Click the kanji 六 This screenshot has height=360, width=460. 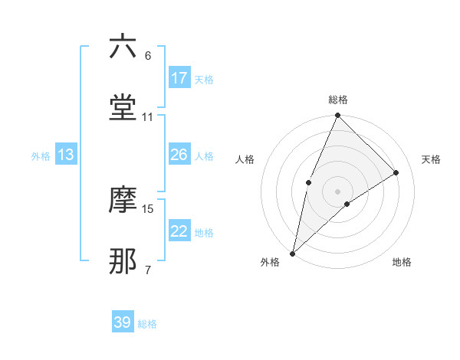[123, 47]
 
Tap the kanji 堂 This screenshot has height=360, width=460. [123, 108]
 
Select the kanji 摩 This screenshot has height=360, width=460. [123, 200]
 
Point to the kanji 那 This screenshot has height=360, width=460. [123, 261]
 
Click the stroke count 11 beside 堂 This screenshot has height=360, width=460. [148, 117]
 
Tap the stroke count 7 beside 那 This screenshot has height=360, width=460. [148, 270]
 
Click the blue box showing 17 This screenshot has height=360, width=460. [179, 78]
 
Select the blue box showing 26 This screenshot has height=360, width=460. [179, 155]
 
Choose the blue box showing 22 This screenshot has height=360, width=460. [179, 231]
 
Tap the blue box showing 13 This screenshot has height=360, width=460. [66, 155]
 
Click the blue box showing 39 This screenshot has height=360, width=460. [123, 322]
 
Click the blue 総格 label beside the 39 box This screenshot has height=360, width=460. [148, 324]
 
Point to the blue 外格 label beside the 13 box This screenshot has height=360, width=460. [41, 156]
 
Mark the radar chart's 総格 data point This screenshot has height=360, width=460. [337, 116]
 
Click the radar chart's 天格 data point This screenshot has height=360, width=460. [396, 172]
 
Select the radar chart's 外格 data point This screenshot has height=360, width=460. [292, 253]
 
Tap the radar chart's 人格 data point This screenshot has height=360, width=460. [308, 182]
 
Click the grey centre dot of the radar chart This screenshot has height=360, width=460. [337, 191]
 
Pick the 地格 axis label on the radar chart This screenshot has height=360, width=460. [402, 263]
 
